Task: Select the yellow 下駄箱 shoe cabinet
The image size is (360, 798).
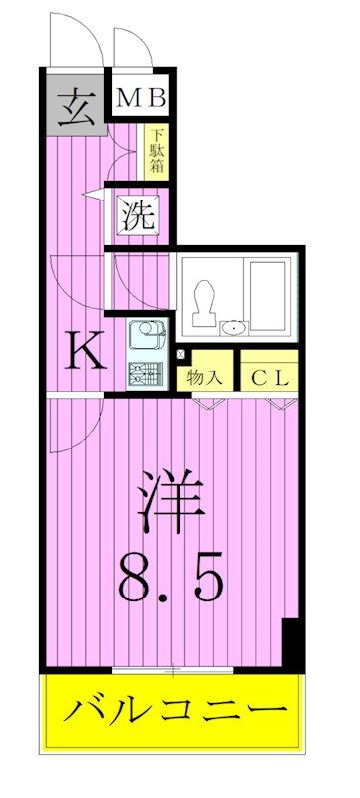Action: click(x=157, y=151)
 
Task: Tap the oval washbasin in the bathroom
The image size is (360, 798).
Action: click(x=234, y=326)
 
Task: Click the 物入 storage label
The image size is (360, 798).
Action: click(x=204, y=378)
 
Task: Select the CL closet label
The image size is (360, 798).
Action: click(x=266, y=378)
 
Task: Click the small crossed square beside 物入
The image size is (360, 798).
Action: click(x=180, y=354)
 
